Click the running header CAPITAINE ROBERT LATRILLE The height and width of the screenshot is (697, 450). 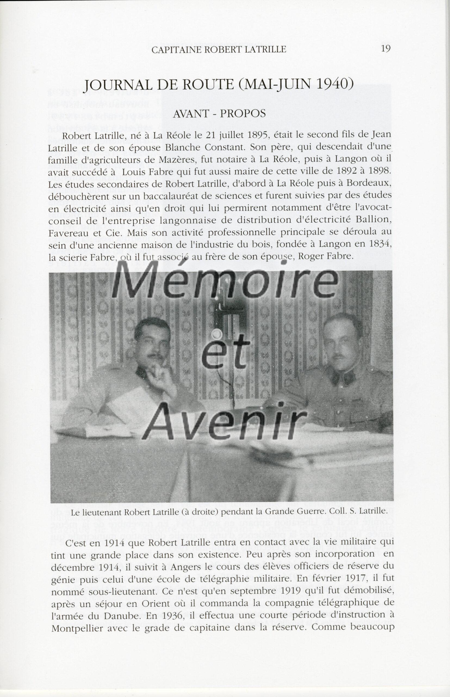[219, 50]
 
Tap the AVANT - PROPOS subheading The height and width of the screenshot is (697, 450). [219, 114]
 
